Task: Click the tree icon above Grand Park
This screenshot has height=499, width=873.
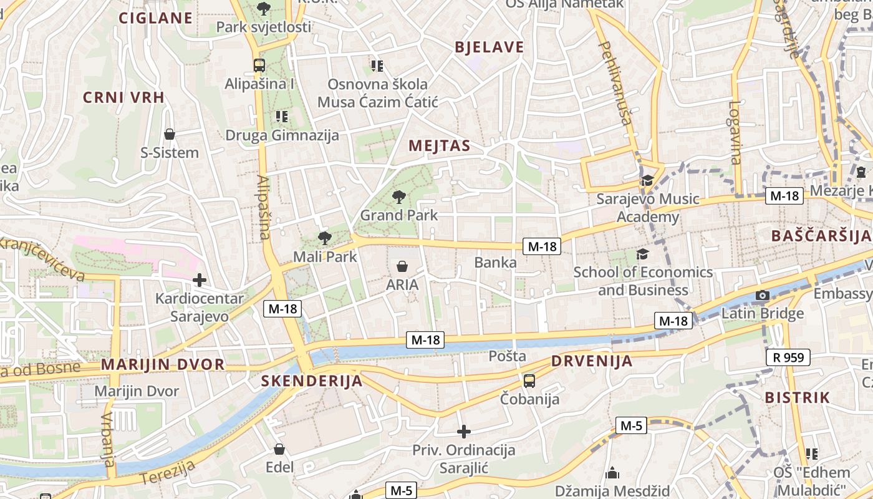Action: coord(398,198)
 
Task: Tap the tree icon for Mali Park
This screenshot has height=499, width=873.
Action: coord(324,238)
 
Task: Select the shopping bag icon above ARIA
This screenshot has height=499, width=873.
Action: coord(402,266)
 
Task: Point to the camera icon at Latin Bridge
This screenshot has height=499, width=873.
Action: coord(762,295)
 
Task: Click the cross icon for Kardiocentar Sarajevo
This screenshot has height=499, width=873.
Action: coord(199,280)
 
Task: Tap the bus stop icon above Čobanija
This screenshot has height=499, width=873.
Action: coord(529,380)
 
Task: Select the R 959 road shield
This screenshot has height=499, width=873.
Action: coord(788,357)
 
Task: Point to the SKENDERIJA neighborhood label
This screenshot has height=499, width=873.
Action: coord(311,380)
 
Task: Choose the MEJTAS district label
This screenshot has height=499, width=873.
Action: coord(439,146)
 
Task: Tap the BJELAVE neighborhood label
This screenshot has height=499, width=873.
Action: coord(490,47)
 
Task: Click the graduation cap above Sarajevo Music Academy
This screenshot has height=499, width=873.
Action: coord(647,181)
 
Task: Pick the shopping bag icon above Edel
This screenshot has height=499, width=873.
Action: coord(279,449)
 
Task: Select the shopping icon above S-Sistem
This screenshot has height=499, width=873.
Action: coord(169,134)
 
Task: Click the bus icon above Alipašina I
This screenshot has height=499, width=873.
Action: coord(259,65)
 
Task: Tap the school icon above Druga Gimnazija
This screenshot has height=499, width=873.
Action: coord(282,116)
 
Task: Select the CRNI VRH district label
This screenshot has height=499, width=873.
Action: coord(123,97)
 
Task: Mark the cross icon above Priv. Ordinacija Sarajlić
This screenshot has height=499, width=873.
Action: coord(463,431)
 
